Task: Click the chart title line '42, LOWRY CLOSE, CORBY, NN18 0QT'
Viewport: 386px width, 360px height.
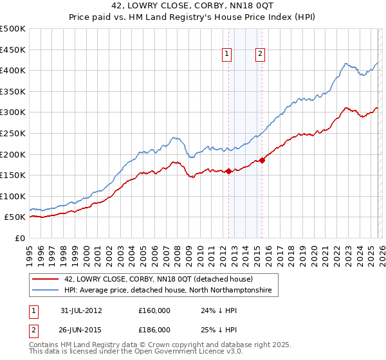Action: pyautogui.click(x=193, y=6)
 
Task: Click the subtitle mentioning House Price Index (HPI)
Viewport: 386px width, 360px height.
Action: pyautogui.click(x=193, y=17)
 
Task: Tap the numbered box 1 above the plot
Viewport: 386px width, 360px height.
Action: pyautogui.click(x=228, y=55)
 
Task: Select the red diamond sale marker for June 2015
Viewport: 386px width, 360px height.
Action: pyautogui.click(x=262, y=161)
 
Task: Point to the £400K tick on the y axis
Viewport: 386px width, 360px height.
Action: pyautogui.click(x=13, y=70)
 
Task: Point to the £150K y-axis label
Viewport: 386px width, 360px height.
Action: pyautogui.click(x=13, y=175)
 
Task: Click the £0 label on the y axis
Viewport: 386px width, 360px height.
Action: pyautogui.click(x=19, y=238)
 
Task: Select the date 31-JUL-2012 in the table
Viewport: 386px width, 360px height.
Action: pyautogui.click(x=82, y=310)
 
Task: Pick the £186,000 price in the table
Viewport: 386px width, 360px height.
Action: pyautogui.click(x=154, y=329)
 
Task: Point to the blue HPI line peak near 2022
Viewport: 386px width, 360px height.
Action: pyautogui.click(x=346, y=64)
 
